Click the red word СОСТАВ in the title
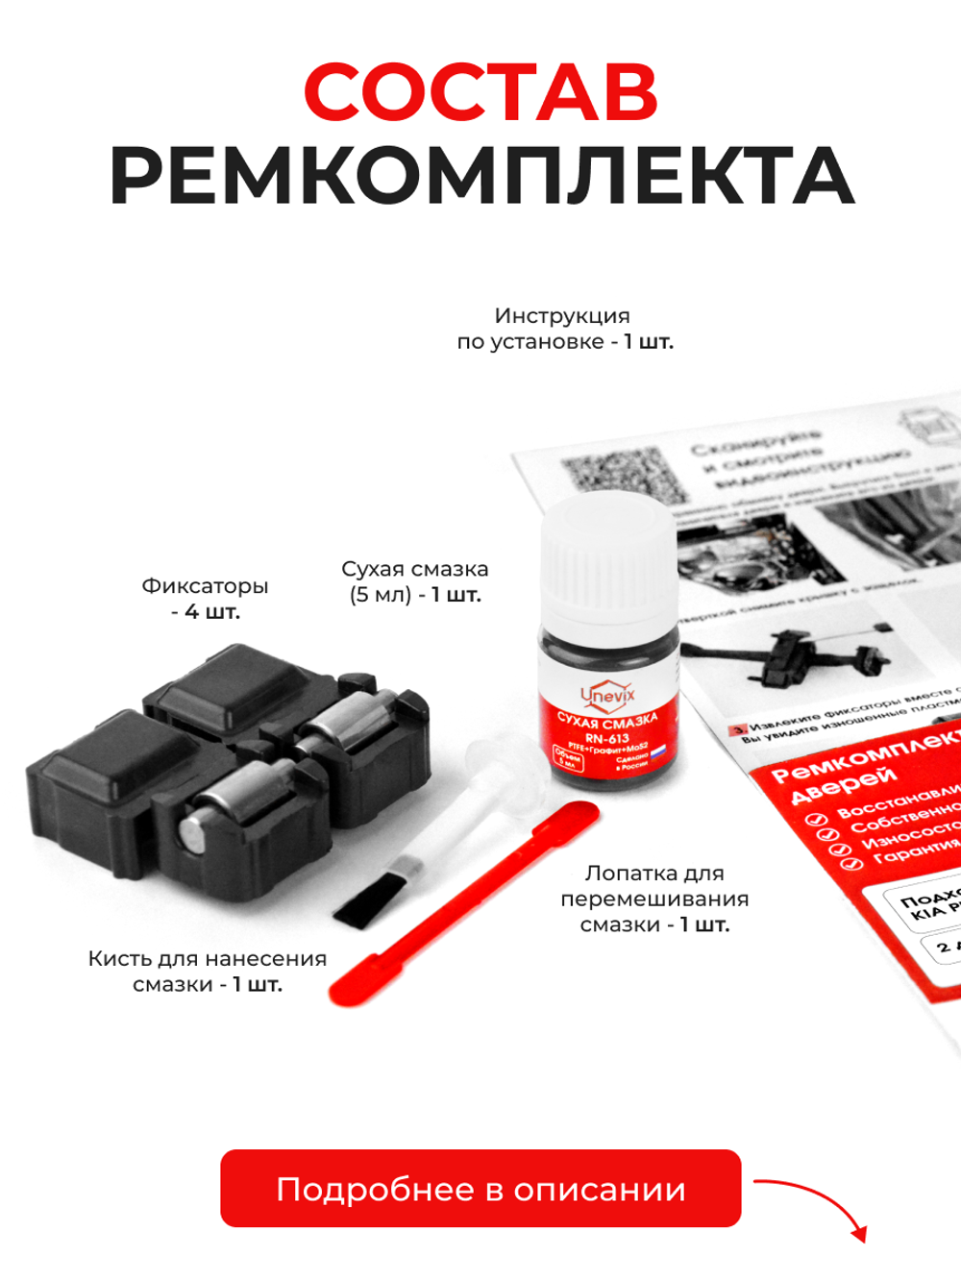point(480,92)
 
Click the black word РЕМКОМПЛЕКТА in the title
point(480,177)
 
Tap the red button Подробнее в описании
point(480,1189)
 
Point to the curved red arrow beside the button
point(817,1201)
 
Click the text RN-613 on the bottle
point(607,738)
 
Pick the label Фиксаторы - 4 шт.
point(205,598)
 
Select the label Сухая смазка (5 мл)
point(415,581)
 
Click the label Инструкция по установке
point(564,329)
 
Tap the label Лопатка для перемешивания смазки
point(654,899)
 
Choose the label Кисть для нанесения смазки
point(208,971)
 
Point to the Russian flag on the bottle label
point(658,755)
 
